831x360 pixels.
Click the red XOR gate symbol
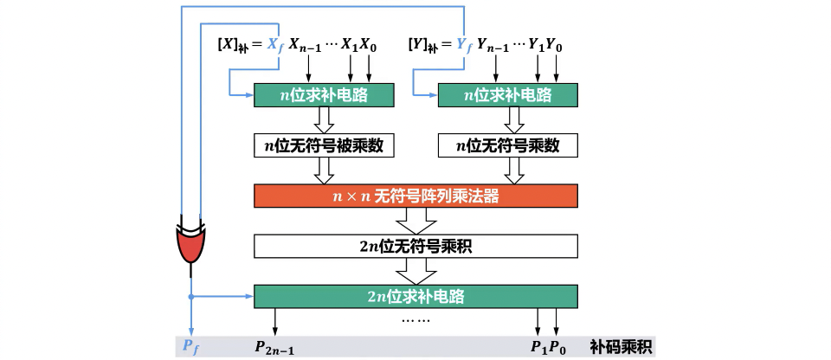pos(191,246)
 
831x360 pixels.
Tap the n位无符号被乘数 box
pos(324,145)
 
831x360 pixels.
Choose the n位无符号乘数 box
pos(508,145)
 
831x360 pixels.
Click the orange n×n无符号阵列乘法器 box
pos(415,196)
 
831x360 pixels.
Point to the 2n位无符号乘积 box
pos(415,247)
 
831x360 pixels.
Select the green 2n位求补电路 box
pos(415,296)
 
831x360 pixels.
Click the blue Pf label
pos(190,346)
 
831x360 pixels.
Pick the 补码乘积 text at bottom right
pos(621,347)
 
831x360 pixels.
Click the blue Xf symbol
pos(275,46)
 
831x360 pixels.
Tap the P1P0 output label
pos(547,347)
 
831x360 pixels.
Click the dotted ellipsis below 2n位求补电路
pos(416,319)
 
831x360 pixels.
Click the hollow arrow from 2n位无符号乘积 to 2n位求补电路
pos(415,272)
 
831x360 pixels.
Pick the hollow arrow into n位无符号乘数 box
pos(508,121)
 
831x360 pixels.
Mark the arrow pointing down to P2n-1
pos(276,322)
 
